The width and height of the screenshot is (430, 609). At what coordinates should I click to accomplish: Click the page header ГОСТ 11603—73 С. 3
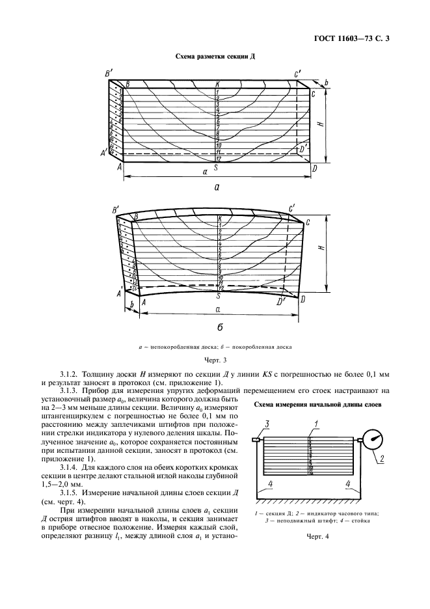356,40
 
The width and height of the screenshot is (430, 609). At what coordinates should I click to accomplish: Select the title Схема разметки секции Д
215,57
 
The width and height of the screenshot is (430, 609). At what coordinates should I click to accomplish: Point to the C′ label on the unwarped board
297,75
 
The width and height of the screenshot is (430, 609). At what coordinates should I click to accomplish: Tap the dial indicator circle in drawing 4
373,438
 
